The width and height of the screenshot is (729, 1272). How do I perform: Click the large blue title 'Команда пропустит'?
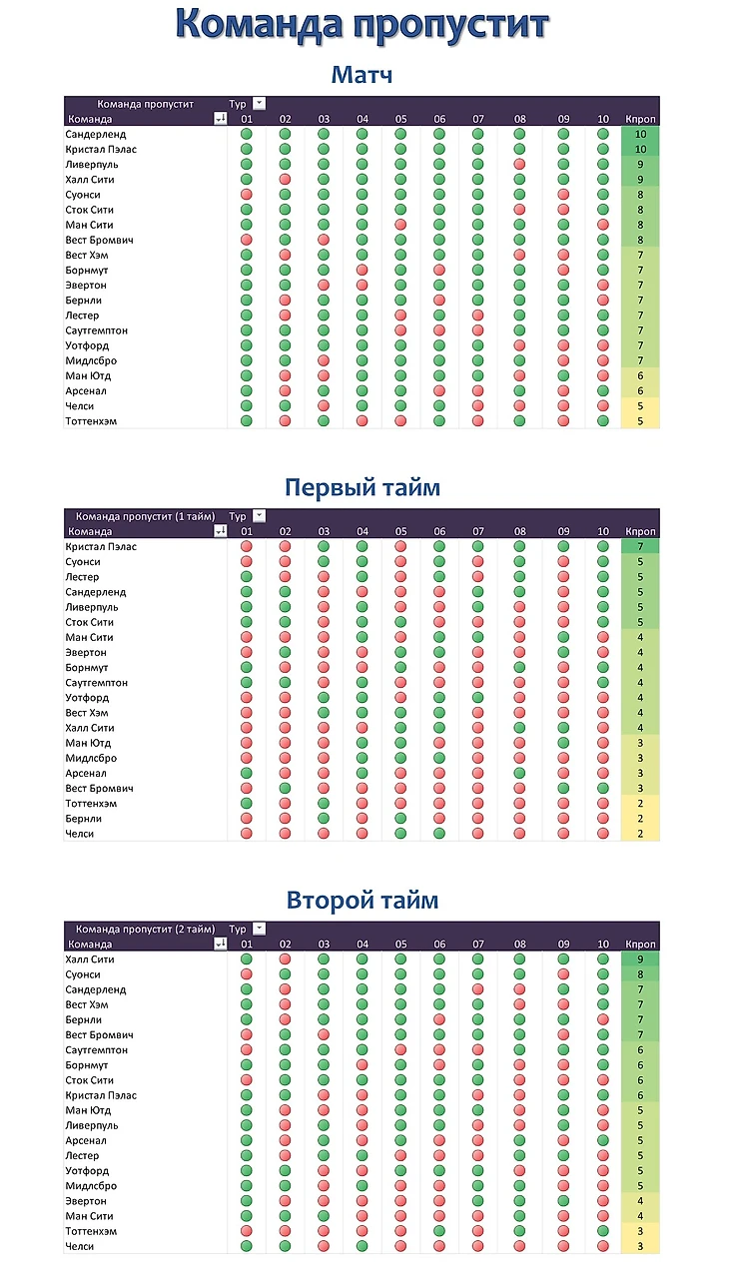[x=363, y=24]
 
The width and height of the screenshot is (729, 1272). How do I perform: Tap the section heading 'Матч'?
[x=362, y=75]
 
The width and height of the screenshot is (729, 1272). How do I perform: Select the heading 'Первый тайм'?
[x=363, y=488]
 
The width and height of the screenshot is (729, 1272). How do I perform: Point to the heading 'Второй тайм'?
[x=363, y=900]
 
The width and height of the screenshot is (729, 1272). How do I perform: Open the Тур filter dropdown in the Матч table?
[x=259, y=104]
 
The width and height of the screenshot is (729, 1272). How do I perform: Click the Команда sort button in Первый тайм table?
[x=221, y=531]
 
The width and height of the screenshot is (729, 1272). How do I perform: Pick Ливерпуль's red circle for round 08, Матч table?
[x=519, y=164]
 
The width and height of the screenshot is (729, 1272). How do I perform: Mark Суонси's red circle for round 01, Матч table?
[x=247, y=195]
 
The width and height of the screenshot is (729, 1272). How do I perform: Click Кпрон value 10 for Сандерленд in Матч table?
[x=640, y=134]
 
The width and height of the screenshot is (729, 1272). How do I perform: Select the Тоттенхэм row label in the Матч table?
[x=91, y=421]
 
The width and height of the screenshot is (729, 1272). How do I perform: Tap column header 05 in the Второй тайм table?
[x=400, y=944]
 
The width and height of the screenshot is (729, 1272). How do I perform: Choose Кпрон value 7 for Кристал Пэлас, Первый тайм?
[x=640, y=546]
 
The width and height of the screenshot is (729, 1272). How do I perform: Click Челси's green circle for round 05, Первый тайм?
[x=400, y=834]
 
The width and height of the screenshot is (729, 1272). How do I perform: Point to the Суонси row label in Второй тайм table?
[x=83, y=974]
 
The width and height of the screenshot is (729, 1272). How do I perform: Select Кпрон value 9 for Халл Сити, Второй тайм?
[x=640, y=959]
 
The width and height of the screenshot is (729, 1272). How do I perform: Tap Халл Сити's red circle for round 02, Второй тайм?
[x=285, y=959]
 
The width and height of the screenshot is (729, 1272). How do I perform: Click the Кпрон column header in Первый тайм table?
[x=640, y=531]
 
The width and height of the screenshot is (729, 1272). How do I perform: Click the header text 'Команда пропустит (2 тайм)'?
[x=146, y=929]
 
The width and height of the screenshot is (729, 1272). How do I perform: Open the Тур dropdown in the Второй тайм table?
[x=259, y=929]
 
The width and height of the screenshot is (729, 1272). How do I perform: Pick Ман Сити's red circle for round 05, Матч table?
[x=400, y=225]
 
